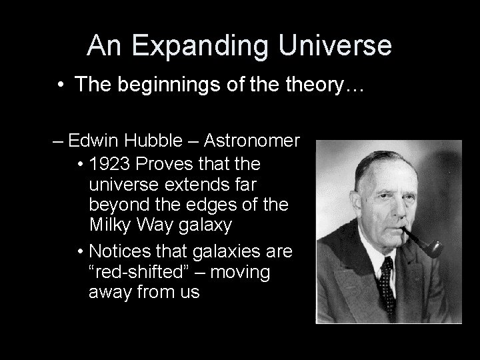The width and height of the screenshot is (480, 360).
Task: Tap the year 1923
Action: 109,163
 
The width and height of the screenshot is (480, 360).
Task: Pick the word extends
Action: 181,184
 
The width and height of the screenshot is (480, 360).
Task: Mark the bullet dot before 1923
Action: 81,164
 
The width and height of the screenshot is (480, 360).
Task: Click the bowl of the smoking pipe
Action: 433,249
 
